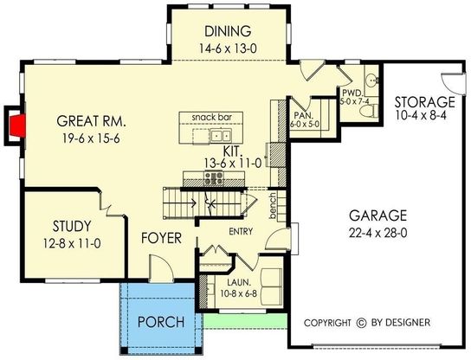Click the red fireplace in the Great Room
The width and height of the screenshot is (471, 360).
click(16, 124)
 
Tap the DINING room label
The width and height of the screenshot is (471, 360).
click(228, 31)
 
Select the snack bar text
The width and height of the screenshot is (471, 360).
click(212, 117)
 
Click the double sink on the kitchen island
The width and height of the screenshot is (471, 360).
click(221, 135)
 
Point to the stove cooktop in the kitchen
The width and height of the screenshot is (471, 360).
click(214, 177)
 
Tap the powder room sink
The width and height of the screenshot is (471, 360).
click(372, 80)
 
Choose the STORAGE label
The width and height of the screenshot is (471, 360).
click(424, 102)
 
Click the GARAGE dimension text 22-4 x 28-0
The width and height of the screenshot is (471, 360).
click(377, 233)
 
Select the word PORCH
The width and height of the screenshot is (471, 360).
click(161, 322)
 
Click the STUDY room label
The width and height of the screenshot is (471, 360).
click(72, 226)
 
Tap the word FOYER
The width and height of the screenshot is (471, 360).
click(161, 238)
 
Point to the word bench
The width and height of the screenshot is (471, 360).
click(273, 206)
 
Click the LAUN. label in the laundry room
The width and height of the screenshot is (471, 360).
click(239, 282)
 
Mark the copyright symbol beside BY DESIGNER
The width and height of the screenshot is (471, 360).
click(361, 323)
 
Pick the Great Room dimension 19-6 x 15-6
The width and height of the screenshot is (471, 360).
click(91, 138)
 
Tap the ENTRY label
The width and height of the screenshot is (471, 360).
click(241, 232)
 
